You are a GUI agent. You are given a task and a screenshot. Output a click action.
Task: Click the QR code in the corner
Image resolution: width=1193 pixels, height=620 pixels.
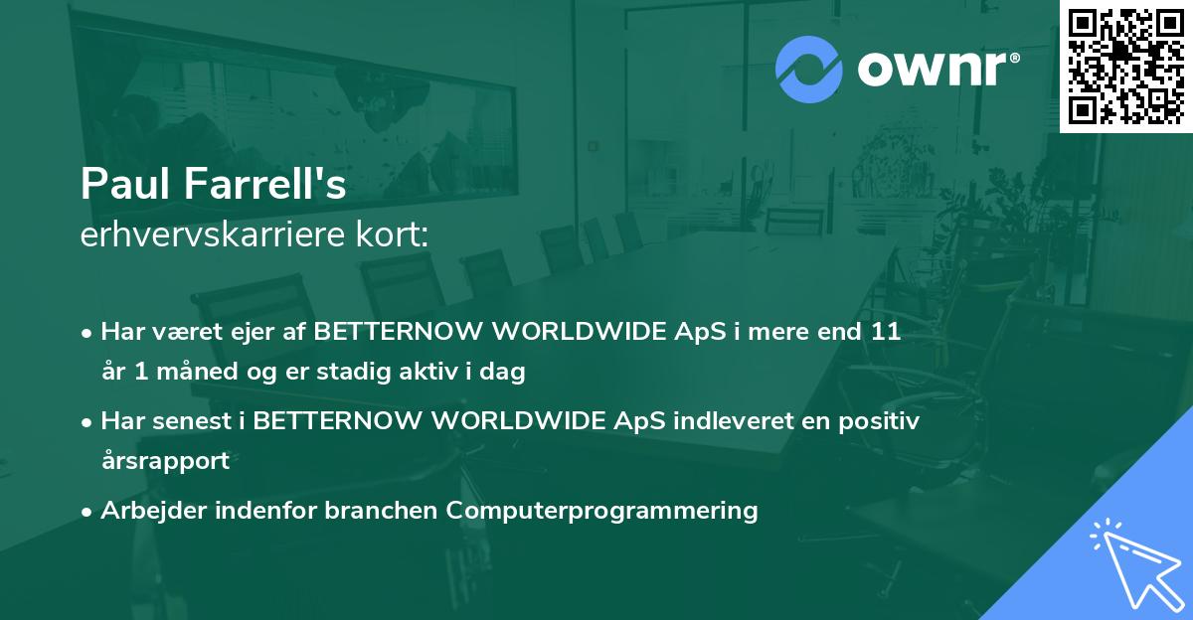(1125, 66)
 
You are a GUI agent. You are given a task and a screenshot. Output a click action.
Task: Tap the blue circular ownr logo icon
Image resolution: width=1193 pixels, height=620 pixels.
(808, 70)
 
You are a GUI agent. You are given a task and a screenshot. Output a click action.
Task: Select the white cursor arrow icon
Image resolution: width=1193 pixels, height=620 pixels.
(1136, 563)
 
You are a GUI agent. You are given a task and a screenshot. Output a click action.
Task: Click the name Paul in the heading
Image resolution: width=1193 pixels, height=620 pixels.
(126, 184)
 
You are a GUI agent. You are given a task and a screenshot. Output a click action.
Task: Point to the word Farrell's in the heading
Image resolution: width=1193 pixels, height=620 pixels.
(265, 184)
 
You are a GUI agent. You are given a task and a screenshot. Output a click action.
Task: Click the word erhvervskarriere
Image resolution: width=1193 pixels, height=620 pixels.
(213, 234)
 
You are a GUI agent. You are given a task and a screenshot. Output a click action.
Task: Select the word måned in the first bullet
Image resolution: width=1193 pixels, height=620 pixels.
(197, 371)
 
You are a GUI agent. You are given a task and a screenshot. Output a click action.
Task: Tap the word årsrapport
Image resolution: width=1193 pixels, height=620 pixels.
(166, 461)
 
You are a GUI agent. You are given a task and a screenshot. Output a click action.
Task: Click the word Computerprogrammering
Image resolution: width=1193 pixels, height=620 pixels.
(601, 511)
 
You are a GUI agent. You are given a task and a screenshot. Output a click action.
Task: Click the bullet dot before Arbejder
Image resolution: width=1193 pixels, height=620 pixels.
(86, 513)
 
